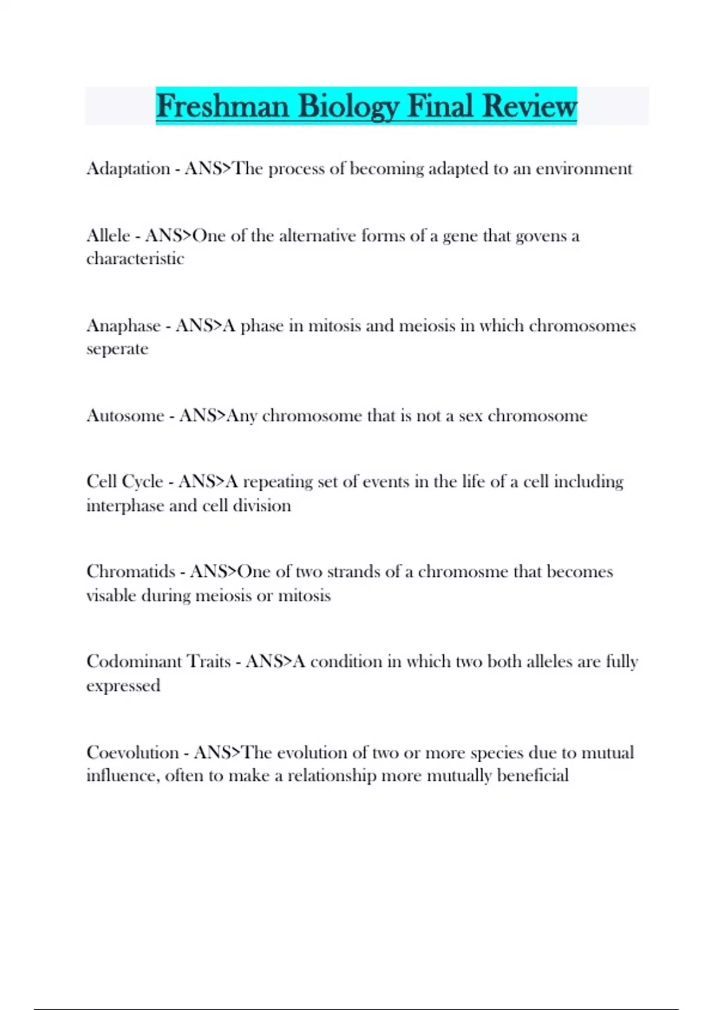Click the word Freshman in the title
[x=222, y=106]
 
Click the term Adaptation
[x=128, y=169]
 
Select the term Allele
[x=108, y=236]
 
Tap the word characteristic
[x=135, y=259]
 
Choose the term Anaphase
[x=124, y=326]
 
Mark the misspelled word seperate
[x=117, y=349]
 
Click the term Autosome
[x=125, y=415]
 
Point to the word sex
[x=470, y=416]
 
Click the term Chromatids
[x=131, y=572]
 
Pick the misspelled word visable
[x=111, y=595]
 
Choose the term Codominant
[x=134, y=662]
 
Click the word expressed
[x=123, y=686]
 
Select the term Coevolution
[x=132, y=753]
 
